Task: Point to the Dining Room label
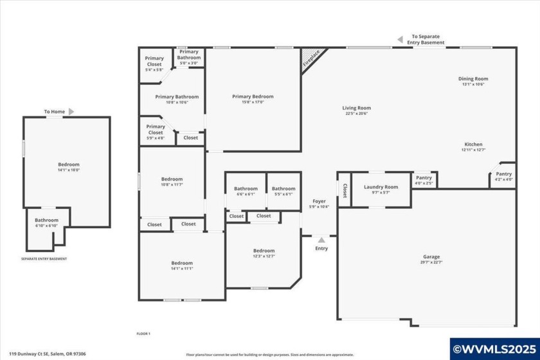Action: (x=473, y=81)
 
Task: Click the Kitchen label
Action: (x=473, y=147)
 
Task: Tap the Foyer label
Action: (x=319, y=204)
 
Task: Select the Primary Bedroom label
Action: (x=253, y=99)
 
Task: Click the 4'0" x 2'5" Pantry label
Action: (x=424, y=180)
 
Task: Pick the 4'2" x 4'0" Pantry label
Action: (x=504, y=176)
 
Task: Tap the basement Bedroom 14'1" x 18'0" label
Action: (x=69, y=167)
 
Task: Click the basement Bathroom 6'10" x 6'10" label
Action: (x=46, y=222)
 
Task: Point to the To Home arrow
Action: (x=71, y=112)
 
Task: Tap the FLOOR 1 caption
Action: (x=143, y=334)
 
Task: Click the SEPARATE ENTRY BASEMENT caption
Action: (x=44, y=259)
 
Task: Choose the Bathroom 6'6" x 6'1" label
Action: (x=246, y=191)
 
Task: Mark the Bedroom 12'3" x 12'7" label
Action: (x=264, y=253)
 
